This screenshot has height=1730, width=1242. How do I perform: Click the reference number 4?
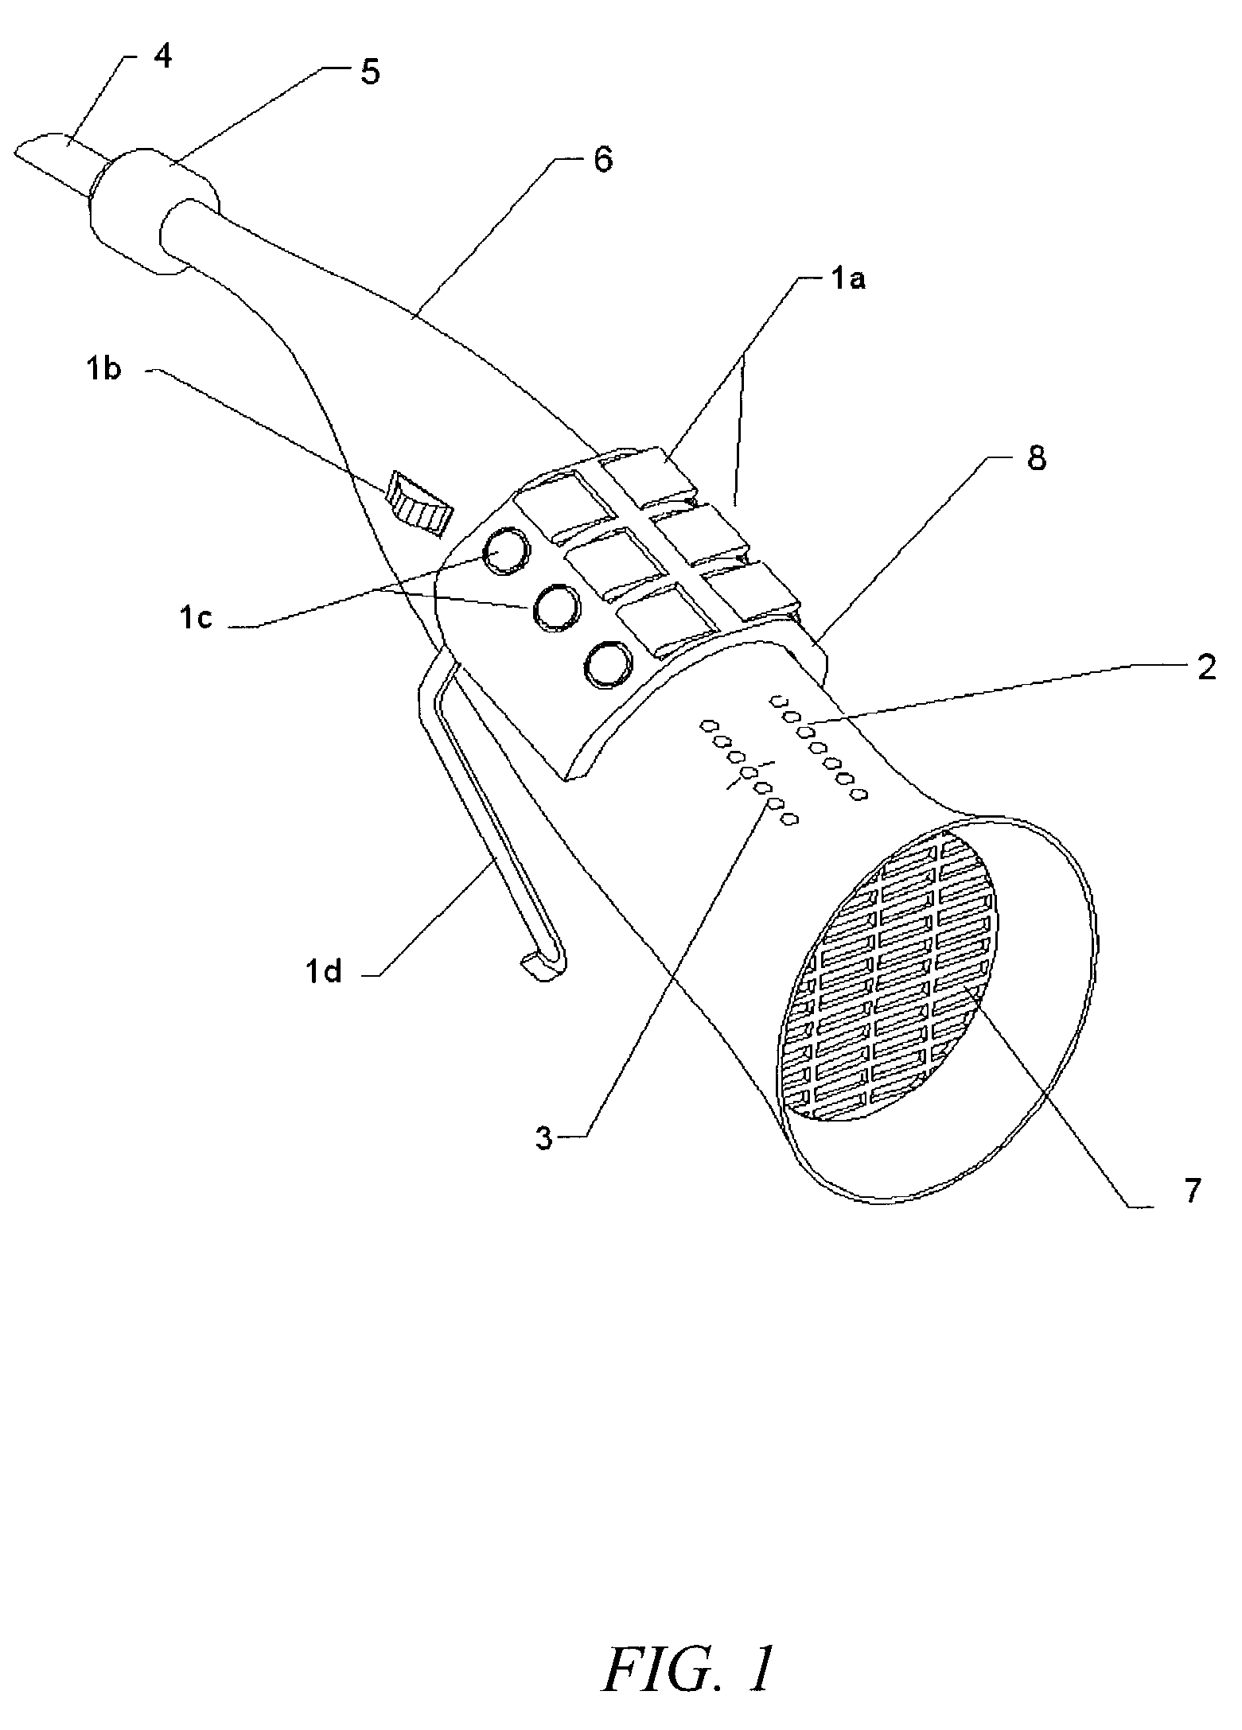pos(162,58)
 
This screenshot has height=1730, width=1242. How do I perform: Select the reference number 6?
pos(602,160)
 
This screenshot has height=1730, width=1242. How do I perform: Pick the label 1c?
pos(194,618)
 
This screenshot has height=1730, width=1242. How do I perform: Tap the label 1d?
pos(323,971)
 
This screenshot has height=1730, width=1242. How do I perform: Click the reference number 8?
pos(1036,459)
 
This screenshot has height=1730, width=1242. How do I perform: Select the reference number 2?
pos(1206,668)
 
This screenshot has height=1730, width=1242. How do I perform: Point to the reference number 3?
pos(543,1139)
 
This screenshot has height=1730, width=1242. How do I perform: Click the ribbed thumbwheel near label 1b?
pos(419,502)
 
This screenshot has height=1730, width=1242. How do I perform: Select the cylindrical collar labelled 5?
pos(154,210)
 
